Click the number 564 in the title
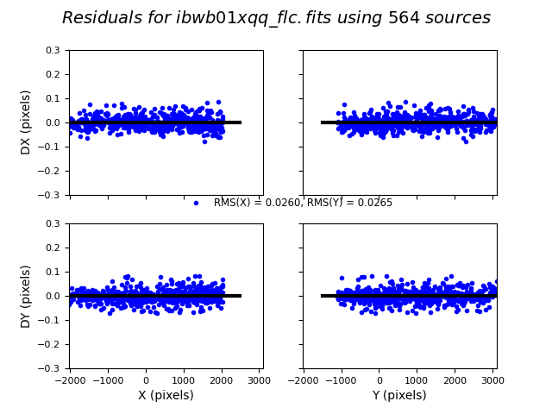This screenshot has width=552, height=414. (x=402, y=18)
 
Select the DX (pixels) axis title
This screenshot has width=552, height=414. (x=26, y=122)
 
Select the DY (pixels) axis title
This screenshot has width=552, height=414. (x=26, y=296)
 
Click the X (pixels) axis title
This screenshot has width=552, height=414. (x=166, y=396)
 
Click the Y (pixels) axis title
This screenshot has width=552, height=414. (x=399, y=396)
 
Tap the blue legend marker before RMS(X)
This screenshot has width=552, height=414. (x=196, y=203)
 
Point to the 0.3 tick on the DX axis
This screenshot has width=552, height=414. (x=53, y=50)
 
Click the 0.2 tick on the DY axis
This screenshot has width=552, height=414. (x=53, y=248)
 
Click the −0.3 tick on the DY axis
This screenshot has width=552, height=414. (x=50, y=368)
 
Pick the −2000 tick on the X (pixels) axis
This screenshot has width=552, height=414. (x=70, y=379)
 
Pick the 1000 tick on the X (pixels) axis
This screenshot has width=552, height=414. (x=183, y=379)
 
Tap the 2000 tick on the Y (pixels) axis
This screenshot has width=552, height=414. (x=455, y=379)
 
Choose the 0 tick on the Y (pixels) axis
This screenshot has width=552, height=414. (x=379, y=379)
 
